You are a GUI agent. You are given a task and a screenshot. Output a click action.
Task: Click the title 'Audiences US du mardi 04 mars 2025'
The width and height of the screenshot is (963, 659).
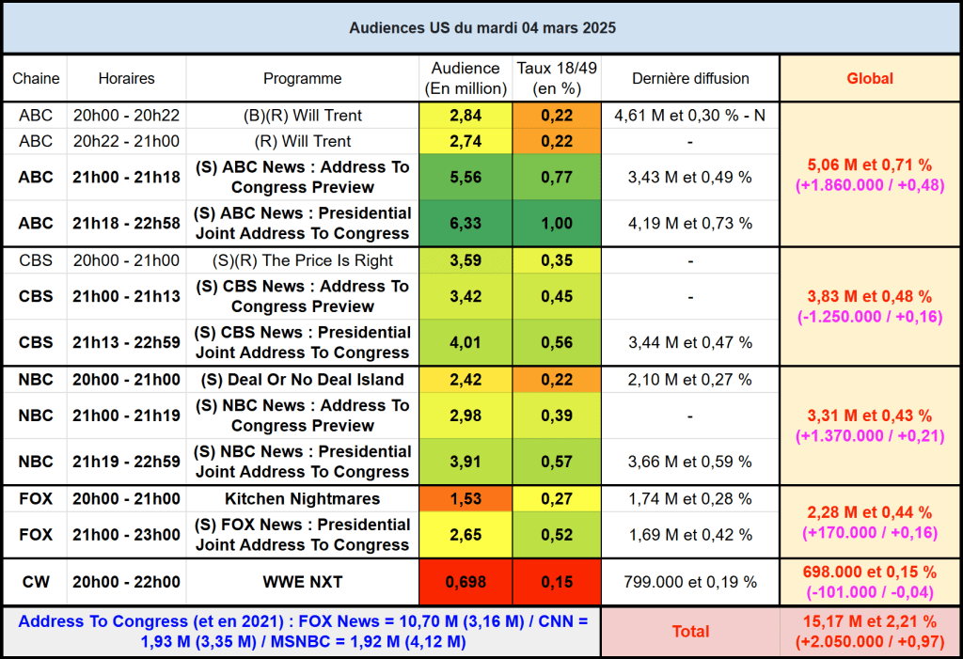[481, 28]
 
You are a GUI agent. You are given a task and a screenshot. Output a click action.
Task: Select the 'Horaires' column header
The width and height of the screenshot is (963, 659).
[126, 79]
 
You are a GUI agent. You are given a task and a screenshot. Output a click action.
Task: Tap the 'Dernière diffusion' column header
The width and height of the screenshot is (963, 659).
[690, 79]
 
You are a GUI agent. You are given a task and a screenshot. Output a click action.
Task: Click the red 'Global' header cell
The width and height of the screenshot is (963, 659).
[870, 79]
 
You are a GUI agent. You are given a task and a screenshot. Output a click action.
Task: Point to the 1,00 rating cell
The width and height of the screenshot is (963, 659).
[557, 224]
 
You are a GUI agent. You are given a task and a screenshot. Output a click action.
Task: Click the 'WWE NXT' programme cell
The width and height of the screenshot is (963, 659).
[302, 582]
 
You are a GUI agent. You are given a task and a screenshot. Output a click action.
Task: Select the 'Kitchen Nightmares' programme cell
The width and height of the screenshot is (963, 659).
[302, 499]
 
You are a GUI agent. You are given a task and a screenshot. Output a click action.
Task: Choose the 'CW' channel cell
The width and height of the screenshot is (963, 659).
[36, 582]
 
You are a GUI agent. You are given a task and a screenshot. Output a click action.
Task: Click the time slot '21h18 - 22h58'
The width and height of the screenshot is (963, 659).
[126, 224]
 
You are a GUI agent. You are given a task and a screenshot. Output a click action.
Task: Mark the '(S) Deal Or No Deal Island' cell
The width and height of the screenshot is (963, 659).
[302, 380]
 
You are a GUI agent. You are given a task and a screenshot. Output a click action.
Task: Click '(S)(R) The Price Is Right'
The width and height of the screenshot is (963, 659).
[302, 260]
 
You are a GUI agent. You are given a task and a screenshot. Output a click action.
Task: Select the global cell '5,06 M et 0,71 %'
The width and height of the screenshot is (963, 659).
[870, 166]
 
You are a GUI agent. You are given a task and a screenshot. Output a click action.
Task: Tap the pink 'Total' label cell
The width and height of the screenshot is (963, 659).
[690, 632]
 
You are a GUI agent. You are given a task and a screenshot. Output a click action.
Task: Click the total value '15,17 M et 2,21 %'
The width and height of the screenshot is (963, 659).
[870, 621]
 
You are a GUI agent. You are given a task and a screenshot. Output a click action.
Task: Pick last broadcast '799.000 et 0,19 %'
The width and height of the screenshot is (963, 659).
[690, 582]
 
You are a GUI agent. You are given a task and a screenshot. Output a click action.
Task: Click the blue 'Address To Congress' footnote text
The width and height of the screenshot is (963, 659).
[302, 632]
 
